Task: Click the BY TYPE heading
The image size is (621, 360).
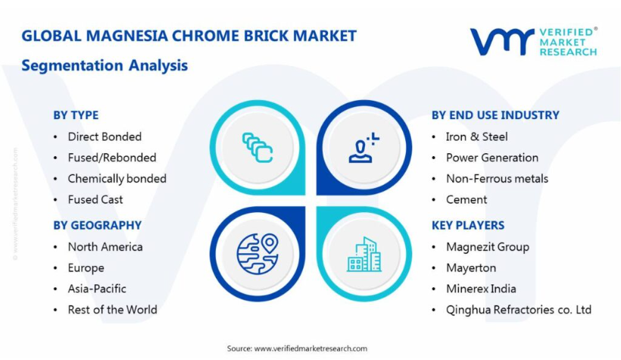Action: coord(76,115)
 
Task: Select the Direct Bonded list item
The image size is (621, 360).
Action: coord(105,136)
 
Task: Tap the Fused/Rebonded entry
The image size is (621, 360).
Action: coord(112,158)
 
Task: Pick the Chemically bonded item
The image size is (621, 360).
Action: coord(117,179)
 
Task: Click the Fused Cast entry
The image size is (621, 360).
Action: coord(95,199)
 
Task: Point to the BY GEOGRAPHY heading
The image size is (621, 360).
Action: coord(98,225)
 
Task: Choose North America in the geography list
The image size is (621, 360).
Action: coord(105,247)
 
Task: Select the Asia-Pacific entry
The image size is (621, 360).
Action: coord(97,289)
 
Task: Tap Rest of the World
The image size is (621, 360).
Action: coord(113,310)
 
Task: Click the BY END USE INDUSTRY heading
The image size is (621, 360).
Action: coord(495,115)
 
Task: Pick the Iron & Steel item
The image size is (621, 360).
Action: coord(477,136)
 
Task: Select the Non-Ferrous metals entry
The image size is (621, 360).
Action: coord(497,179)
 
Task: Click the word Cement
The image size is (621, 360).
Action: coord(467,199)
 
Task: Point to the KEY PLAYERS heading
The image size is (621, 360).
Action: coord(468,225)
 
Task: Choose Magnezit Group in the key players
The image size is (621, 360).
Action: coord(488,247)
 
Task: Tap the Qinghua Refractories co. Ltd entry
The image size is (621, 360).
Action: coord(519,310)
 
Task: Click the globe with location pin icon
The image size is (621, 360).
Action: coord(257,254)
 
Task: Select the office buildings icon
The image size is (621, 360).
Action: coord(364,255)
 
